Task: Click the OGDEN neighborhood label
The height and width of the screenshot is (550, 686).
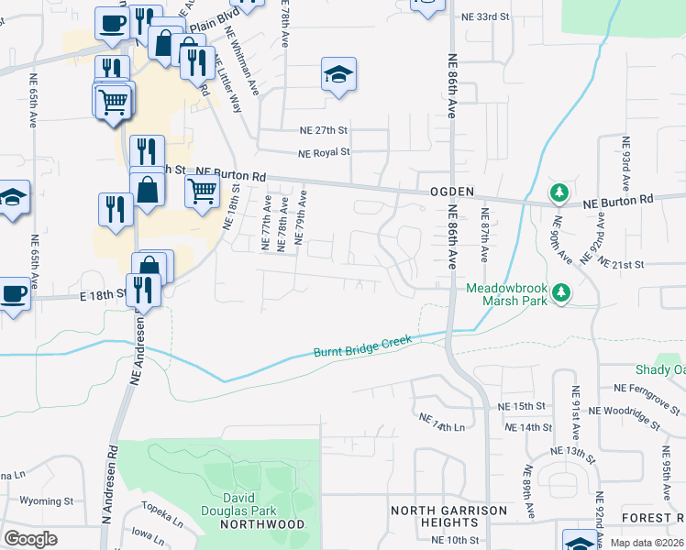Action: tap(451, 191)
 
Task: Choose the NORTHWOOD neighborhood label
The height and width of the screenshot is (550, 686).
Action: tap(262, 524)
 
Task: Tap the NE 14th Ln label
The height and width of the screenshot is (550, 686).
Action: tap(442, 422)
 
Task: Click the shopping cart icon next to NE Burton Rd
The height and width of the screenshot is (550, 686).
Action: tap(202, 192)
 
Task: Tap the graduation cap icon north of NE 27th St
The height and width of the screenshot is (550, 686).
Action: tap(338, 74)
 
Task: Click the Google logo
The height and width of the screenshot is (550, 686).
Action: tap(31, 538)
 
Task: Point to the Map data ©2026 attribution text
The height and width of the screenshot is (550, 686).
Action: tap(646, 543)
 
